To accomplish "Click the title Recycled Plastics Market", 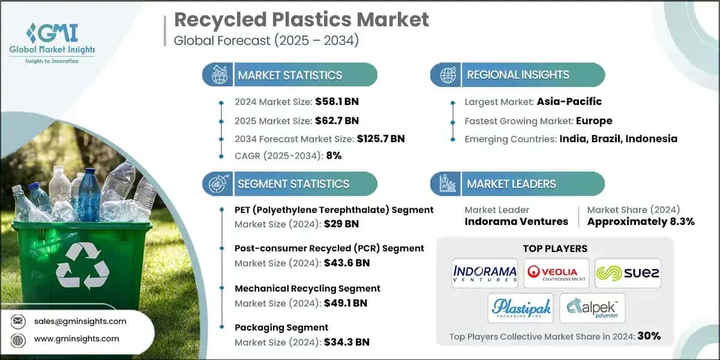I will [301, 19].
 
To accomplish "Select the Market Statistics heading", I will [290, 75].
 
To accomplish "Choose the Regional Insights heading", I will [518, 75].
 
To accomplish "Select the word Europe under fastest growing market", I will [593, 120].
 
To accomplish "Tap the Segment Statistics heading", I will [293, 184].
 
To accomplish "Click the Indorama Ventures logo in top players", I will [485, 273].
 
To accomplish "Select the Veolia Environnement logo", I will [555, 273].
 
